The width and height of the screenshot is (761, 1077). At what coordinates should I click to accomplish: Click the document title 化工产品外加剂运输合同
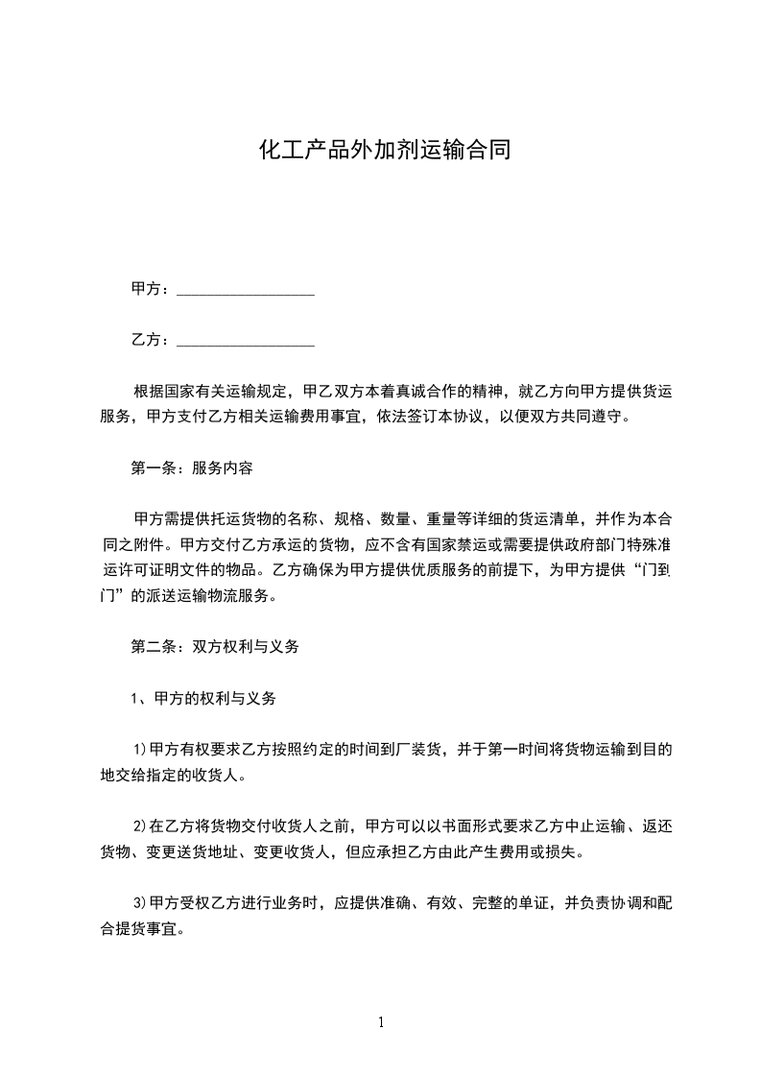coord(381,151)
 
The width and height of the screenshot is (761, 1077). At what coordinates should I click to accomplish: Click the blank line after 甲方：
coord(247,290)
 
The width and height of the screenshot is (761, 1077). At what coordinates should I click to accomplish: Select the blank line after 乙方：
coord(247,341)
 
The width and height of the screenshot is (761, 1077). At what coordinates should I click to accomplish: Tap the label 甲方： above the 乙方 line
coord(151,289)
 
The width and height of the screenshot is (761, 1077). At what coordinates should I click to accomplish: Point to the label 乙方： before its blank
coord(151,340)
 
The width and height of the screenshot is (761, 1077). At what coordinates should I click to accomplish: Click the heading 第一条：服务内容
coord(191,468)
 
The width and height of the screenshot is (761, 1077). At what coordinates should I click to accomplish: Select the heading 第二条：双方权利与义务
coord(215,647)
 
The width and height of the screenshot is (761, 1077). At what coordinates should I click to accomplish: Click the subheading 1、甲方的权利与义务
coord(203,699)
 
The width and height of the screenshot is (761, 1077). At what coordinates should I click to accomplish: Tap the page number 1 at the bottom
coord(381,1022)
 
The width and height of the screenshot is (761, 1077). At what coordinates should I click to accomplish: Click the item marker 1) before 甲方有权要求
coord(139,751)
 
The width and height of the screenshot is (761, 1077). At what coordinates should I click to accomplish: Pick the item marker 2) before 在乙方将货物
coord(139,826)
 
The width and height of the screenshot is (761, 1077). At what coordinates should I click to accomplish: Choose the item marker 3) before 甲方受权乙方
coord(139,903)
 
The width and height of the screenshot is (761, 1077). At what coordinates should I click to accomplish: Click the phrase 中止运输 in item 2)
coord(587,826)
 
